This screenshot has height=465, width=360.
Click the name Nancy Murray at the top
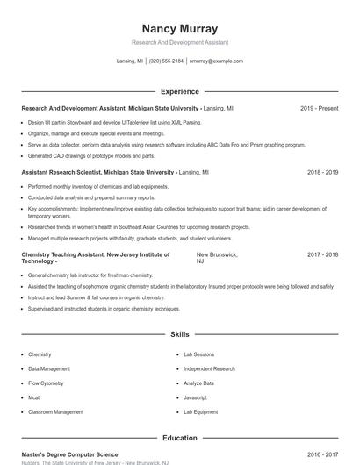[x=179, y=28]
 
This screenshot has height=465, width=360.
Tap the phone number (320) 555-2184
[x=166, y=61]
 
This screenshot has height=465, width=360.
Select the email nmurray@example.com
[x=216, y=61]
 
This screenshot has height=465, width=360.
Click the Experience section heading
[x=179, y=91]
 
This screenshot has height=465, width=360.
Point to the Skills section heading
[x=179, y=334]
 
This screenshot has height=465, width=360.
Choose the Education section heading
[x=179, y=437]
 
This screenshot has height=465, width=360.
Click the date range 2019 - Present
[x=319, y=108]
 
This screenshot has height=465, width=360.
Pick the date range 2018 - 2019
[x=322, y=173]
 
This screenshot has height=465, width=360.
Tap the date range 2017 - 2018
[x=322, y=254]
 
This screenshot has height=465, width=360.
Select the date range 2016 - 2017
[x=322, y=455]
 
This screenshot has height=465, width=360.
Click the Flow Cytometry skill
[x=46, y=383]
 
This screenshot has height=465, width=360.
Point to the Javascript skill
[x=196, y=397]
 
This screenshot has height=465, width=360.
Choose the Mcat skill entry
[x=34, y=397]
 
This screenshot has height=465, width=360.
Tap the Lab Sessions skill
[x=198, y=354]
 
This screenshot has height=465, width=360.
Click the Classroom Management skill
[x=55, y=411]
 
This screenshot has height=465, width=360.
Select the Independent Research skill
[x=209, y=369]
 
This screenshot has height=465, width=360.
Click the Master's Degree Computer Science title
[x=69, y=455]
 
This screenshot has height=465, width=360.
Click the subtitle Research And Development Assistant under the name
[x=179, y=42]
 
